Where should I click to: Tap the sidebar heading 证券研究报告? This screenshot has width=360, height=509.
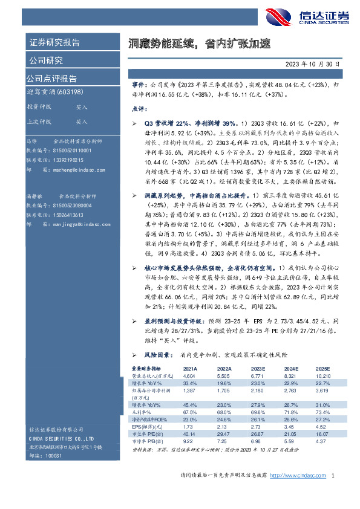[54, 43]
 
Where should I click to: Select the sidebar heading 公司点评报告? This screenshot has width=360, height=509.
[51, 79]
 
